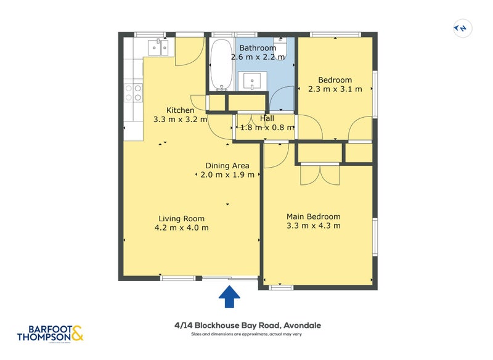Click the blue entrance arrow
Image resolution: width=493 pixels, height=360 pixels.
[x=230, y=297]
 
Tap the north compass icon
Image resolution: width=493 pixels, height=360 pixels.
[x=461, y=28]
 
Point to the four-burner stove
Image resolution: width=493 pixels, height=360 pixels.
[x=133, y=92]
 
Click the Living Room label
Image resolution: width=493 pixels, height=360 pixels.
[x=181, y=218]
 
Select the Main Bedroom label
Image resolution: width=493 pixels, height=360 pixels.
[x=313, y=216]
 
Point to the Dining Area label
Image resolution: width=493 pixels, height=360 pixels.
[x=227, y=165]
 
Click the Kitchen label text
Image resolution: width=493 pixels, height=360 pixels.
[x=180, y=110]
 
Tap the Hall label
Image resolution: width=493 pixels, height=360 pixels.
[x=267, y=118]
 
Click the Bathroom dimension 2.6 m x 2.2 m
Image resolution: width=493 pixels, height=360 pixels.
[x=258, y=57]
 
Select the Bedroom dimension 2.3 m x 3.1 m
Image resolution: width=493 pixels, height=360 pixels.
[x=335, y=89]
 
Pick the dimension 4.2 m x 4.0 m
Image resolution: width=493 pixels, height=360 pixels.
[x=181, y=227]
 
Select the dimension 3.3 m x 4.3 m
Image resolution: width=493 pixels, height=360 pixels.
[x=313, y=226]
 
